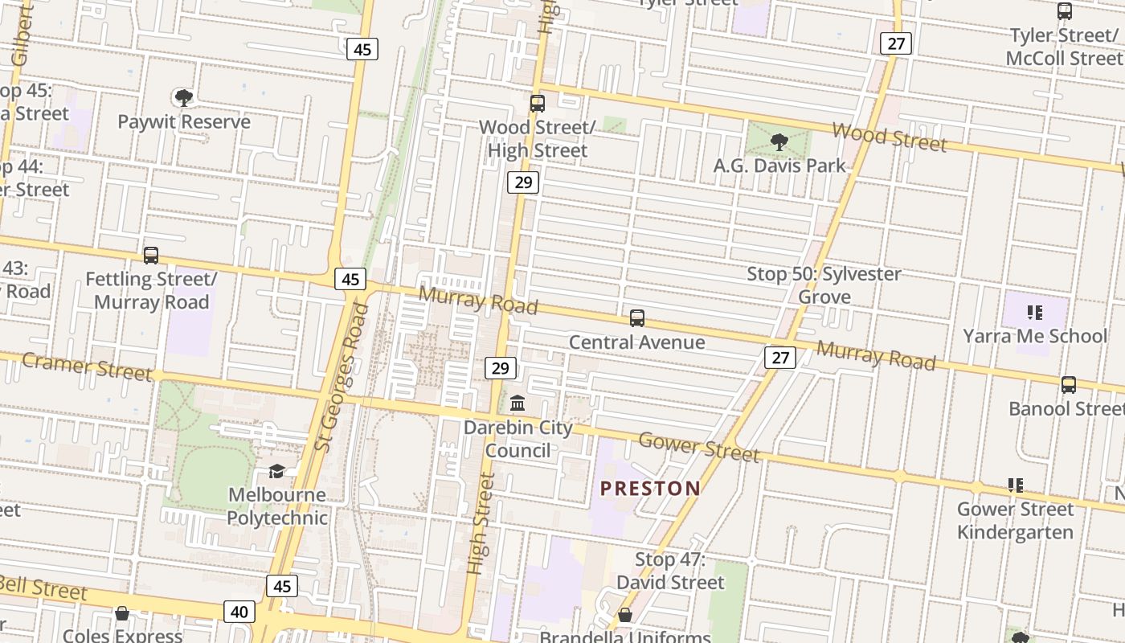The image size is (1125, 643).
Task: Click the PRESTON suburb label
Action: (650, 488)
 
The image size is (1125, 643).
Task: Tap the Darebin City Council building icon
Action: (518, 403)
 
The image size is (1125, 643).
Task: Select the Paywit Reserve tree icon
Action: (183, 98)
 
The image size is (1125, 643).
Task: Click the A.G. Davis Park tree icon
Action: (778, 142)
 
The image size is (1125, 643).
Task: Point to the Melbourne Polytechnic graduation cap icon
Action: (276, 471)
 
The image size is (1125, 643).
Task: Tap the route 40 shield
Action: (239, 612)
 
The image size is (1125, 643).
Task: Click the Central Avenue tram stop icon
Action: (637, 318)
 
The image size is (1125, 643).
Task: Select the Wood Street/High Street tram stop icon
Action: (538, 104)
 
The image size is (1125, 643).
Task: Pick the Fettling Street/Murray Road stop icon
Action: (150, 256)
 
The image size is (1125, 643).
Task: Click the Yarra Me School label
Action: (1035, 336)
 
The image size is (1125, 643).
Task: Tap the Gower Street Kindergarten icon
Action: (1016, 485)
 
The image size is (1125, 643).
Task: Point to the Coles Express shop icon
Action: (122, 614)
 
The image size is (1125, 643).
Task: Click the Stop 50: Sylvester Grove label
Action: (824, 285)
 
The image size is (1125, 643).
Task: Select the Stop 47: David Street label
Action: (670, 571)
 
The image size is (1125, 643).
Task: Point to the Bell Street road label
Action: (44, 588)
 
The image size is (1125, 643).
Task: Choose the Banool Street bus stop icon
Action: (1068, 385)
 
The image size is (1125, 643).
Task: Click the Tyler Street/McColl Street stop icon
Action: (1065, 12)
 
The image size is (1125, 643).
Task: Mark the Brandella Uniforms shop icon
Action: (624, 616)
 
